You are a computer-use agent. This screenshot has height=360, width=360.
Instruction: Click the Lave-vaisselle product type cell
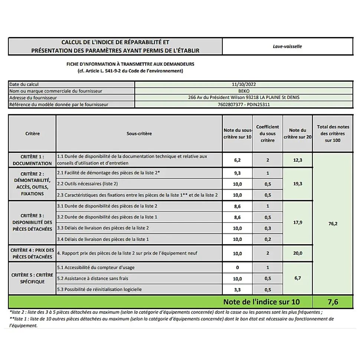click(x=287, y=46)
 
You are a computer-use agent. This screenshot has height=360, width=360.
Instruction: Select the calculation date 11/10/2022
click(x=243, y=84)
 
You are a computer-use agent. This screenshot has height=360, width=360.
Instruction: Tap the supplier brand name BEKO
click(x=243, y=91)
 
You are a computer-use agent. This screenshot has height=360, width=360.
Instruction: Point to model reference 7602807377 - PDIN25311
click(x=243, y=105)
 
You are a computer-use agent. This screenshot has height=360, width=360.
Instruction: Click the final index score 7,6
click(x=333, y=302)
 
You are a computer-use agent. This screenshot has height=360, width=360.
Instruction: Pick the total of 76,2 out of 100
click(x=333, y=224)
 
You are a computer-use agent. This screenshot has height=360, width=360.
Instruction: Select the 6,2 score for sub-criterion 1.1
click(x=238, y=160)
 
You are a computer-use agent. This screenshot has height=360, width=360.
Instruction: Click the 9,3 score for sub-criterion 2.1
click(x=238, y=173)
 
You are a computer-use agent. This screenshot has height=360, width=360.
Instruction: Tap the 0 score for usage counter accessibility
click(x=238, y=268)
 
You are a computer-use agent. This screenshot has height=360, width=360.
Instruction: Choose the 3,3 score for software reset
click(x=238, y=289)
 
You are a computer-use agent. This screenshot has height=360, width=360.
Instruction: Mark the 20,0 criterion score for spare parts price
click(x=298, y=253)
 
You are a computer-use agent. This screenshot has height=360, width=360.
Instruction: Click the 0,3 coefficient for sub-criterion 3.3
click(x=268, y=228)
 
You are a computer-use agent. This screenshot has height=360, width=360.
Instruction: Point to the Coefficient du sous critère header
click(x=268, y=134)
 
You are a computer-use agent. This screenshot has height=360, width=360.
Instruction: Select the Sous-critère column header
click(x=139, y=134)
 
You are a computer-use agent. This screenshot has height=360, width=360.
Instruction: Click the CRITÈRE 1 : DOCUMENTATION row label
click(x=32, y=160)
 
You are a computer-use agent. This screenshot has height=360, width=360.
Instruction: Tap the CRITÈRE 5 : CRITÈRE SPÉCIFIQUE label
click(x=32, y=278)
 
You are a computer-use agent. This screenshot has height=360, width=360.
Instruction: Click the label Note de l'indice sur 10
click(x=261, y=302)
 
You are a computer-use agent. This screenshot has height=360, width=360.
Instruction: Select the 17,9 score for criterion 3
click(x=298, y=223)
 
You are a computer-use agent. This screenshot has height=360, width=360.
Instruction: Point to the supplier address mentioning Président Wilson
click(x=243, y=98)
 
